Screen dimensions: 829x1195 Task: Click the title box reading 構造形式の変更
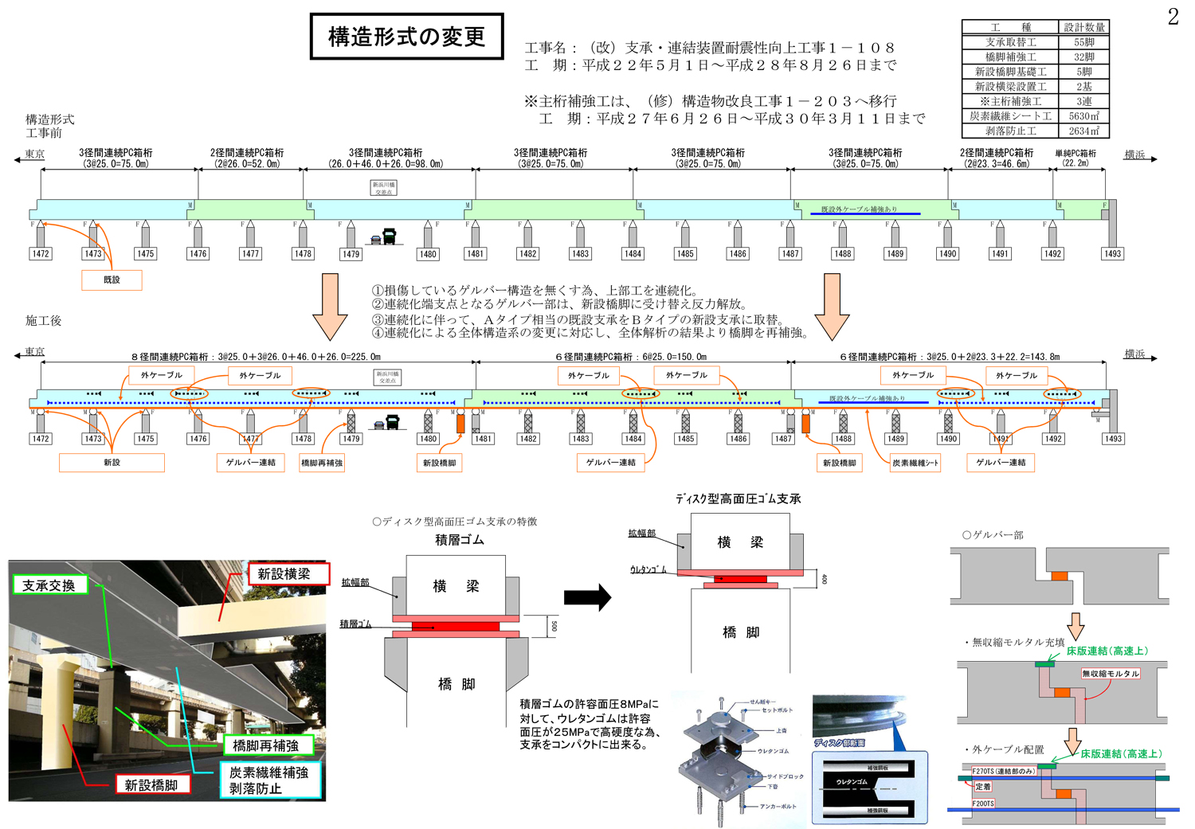(x=406, y=37)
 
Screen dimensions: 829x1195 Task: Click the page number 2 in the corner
(x=1173, y=17)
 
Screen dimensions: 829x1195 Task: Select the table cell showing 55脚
(x=1083, y=42)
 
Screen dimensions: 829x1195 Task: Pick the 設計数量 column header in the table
(x=1083, y=27)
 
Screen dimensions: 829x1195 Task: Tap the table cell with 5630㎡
(x=1083, y=116)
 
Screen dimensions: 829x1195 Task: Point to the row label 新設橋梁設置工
(x=1010, y=87)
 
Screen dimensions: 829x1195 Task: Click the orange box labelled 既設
(x=112, y=280)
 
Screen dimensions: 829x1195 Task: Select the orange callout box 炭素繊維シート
(x=915, y=463)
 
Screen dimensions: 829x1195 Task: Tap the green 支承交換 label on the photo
(x=49, y=585)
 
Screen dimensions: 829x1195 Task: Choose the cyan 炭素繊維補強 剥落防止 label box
(x=269, y=780)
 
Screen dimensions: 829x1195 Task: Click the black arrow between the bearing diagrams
(x=587, y=597)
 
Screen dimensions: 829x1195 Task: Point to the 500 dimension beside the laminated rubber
(x=554, y=627)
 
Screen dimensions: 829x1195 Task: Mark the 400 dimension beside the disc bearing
(x=824, y=579)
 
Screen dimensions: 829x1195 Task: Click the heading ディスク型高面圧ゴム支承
(x=738, y=499)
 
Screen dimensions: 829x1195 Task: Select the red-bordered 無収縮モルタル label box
(x=1111, y=674)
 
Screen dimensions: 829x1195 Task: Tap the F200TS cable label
(x=983, y=804)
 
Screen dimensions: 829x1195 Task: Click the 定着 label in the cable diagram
(x=983, y=787)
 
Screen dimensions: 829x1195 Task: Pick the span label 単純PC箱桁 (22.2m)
(x=1075, y=158)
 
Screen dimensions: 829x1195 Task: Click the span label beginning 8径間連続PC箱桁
(x=256, y=357)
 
